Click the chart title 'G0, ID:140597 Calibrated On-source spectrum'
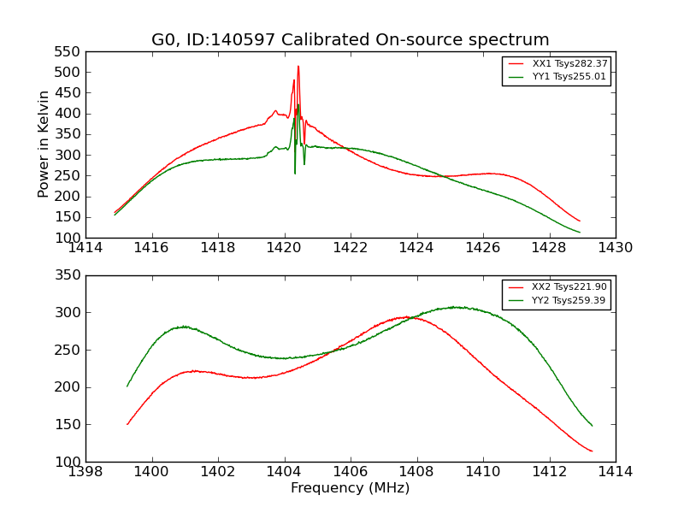(x=351, y=39)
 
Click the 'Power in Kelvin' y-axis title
(x=44, y=144)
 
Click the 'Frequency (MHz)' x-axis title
(x=351, y=488)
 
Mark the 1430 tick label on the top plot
(x=615, y=248)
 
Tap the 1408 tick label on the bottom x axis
(x=416, y=472)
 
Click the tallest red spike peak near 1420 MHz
(x=298, y=66)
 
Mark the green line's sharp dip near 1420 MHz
(x=295, y=174)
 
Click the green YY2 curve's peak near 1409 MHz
(x=456, y=307)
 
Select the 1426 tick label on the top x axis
(x=483, y=248)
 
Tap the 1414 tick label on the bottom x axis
(x=615, y=472)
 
